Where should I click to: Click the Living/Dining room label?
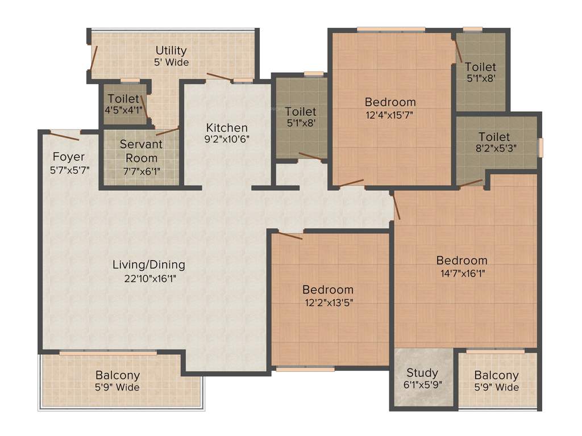tap(148, 265)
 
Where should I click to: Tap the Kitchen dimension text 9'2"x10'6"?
tap(227, 139)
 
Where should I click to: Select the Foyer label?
tap(68, 157)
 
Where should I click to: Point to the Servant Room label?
tap(141, 151)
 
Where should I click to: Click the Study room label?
tap(422, 373)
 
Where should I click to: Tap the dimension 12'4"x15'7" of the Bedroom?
tap(390, 114)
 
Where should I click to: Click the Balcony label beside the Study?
tap(496, 375)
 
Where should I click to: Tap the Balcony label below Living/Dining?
tap(117, 376)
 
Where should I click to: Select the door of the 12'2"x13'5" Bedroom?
tap(290, 235)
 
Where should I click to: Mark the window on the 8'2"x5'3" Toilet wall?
tap(541, 146)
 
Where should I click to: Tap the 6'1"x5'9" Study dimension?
tap(422, 384)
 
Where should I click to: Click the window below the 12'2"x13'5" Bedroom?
tap(305, 369)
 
